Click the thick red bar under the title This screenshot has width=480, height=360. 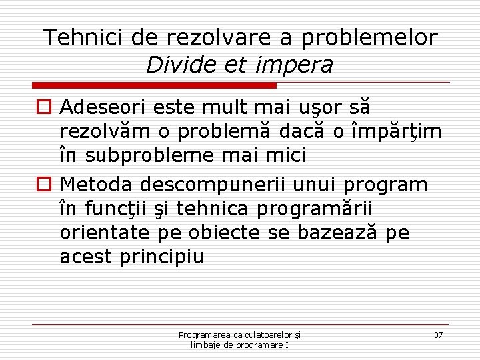155,85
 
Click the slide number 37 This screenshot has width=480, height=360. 438,335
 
